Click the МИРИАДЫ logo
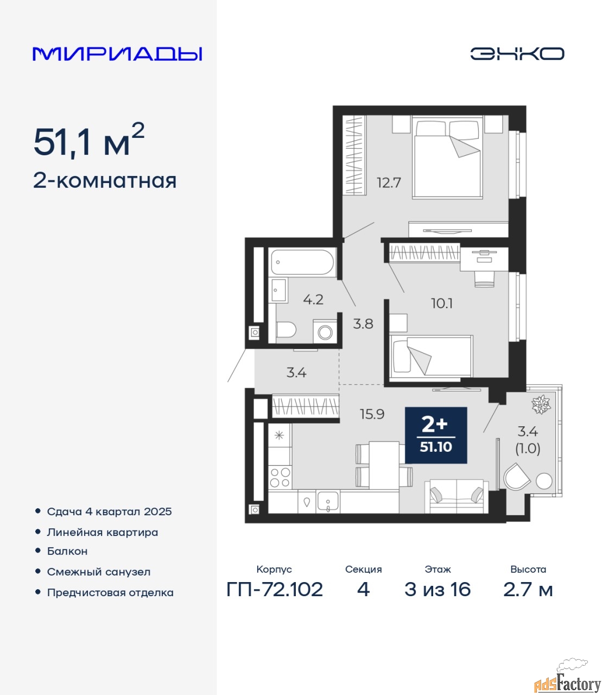click(117, 54)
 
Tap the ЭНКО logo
click(517, 54)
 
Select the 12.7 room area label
click(389, 183)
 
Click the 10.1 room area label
click(442, 304)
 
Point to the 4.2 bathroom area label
click(313, 299)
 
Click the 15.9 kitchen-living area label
click(372, 414)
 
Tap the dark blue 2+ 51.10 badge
click(436, 435)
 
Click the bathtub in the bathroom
click(302, 262)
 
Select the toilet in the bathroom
click(286, 330)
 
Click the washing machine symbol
click(325, 332)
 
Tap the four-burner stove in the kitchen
click(280, 477)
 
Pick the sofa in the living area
click(457, 497)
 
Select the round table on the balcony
click(544, 481)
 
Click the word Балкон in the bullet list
click(67, 551)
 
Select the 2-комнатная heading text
click(105, 181)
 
